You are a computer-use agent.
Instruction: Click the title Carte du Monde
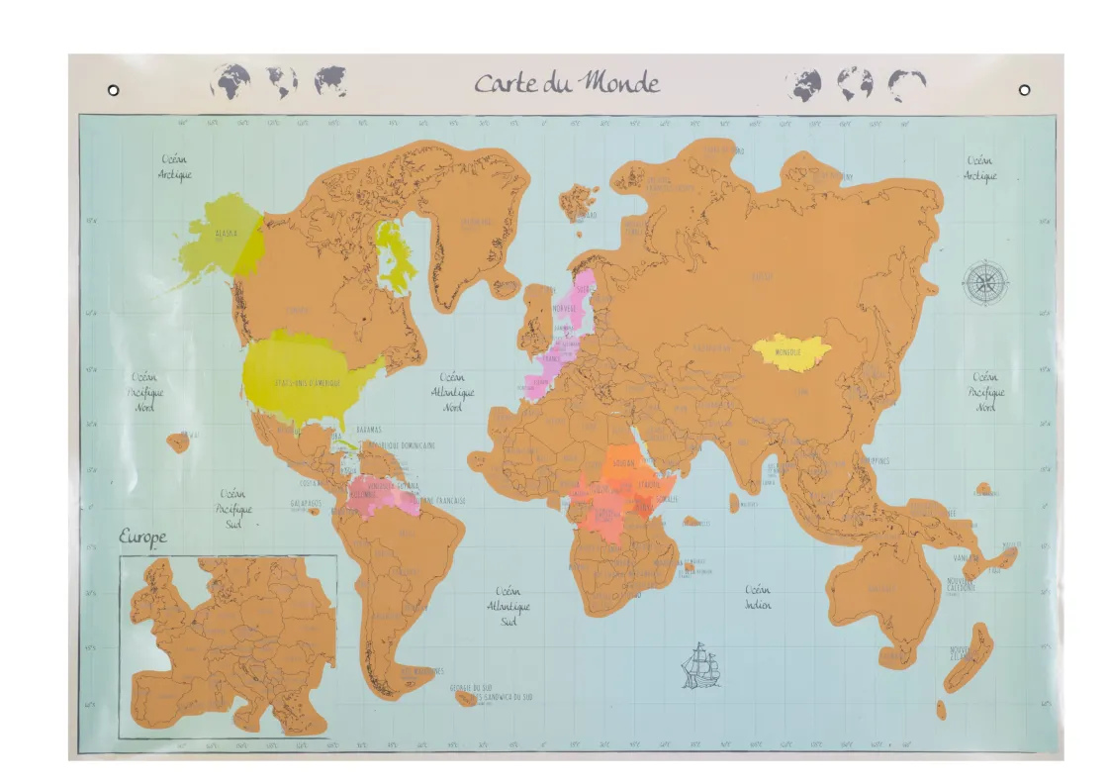tap(566, 82)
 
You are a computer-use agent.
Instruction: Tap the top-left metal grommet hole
tap(114, 90)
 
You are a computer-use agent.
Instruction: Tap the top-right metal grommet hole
tap(1024, 90)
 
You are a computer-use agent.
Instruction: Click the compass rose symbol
tap(985, 282)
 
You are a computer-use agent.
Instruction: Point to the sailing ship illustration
tap(700, 665)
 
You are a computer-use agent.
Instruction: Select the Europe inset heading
tap(143, 539)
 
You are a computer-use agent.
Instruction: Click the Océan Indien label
tap(758, 597)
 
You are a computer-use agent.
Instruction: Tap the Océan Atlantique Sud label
tap(508, 606)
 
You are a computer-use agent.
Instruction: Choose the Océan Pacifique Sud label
tap(233, 501)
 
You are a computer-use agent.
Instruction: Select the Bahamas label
tap(368, 429)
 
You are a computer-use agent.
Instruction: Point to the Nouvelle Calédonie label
tap(961, 587)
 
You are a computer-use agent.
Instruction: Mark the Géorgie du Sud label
tap(471, 688)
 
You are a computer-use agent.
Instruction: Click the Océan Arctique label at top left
tap(175, 167)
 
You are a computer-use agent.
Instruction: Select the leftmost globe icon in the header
tap(231, 81)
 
